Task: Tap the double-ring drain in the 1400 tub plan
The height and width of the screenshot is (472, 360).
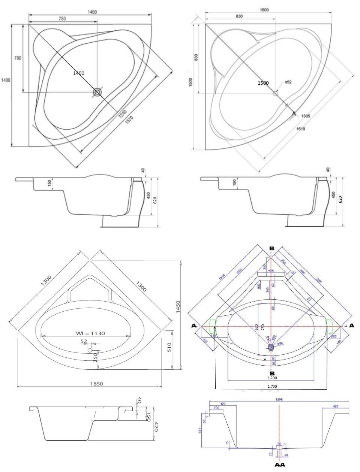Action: point(98,93)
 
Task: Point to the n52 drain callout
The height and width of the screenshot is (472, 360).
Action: point(288,82)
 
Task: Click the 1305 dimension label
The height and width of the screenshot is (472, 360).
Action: point(305,116)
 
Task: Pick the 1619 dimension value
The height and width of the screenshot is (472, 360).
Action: point(300,129)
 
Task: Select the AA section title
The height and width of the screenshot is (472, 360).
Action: point(279,465)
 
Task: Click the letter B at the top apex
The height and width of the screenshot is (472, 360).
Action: point(272,248)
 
